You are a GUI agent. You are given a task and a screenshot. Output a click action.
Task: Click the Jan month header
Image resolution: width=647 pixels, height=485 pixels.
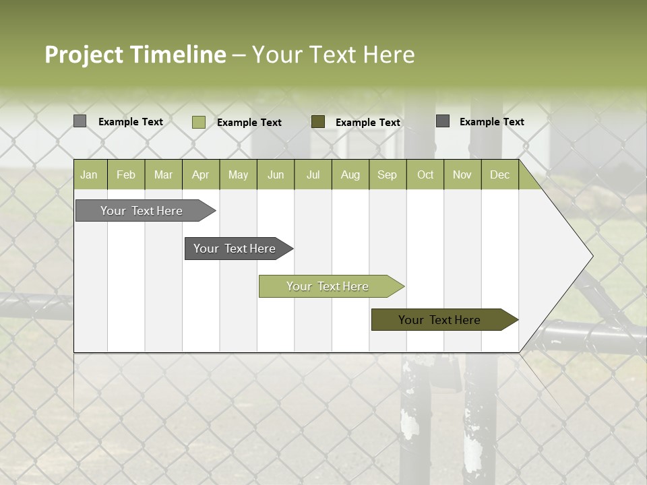[89, 174]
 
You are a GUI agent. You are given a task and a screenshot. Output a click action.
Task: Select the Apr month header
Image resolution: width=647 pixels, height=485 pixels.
[200, 174]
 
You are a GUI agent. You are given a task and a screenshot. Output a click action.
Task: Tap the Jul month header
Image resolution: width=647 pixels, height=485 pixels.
[313, 174]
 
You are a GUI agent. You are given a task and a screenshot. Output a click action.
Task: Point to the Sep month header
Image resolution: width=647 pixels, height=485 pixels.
[387, 174]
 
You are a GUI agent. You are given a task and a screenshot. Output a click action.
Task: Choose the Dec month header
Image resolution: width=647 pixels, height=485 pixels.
[499, 174]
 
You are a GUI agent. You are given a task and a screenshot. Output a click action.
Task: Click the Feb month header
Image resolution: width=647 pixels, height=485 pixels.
[126, 174]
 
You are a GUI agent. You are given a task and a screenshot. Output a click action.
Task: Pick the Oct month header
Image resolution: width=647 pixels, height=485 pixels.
[425, 174]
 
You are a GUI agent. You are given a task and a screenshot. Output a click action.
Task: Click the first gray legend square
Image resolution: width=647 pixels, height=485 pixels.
[80, 121]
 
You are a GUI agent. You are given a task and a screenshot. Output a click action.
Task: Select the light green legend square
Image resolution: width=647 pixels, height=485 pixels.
[198, 122]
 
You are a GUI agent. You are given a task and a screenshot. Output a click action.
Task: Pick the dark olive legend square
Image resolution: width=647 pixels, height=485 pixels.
[318, 121]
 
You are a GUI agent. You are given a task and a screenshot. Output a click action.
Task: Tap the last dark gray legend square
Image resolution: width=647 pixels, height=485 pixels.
[443, 121]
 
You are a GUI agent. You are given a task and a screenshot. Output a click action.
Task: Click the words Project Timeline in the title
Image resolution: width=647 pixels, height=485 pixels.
[135, 55]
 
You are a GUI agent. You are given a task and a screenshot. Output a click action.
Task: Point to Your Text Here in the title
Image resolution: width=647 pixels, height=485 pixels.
[333, 55]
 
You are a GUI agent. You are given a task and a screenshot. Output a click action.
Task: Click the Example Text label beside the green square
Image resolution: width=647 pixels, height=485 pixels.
[249, 123]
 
